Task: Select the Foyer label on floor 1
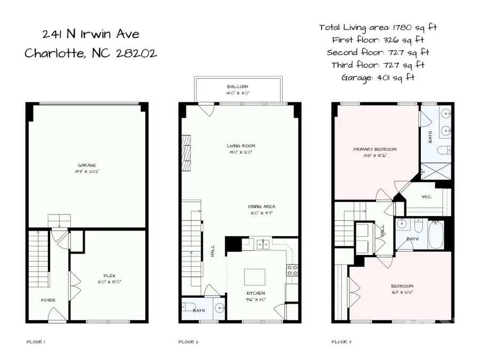click(48, 300)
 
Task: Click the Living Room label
click(241, 146)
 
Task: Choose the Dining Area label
click(261, 206)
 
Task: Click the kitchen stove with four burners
click(292, 270)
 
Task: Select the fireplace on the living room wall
click(186, 152)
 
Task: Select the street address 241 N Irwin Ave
click(91, 35)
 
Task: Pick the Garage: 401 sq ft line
click(378, 77)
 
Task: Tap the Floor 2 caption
click(187, 342)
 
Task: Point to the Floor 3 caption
click(341, 342)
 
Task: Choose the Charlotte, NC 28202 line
click(91, 54)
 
